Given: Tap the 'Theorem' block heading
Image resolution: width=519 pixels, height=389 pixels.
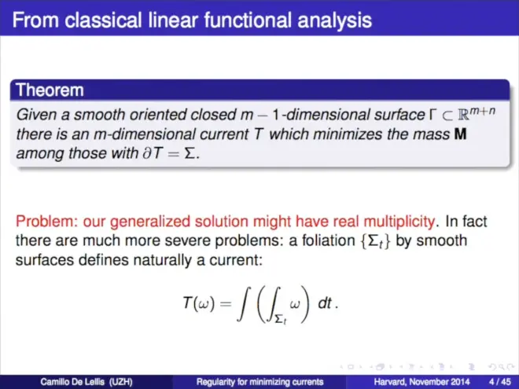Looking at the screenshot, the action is [50, 90].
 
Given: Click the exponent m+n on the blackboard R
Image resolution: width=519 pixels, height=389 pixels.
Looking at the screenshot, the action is [483, 111].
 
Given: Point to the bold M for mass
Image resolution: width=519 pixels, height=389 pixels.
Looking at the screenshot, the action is [460, 134].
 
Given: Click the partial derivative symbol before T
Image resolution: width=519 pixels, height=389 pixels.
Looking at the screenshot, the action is [146, 153].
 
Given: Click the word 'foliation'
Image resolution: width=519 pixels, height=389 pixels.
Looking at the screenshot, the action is [329, 240].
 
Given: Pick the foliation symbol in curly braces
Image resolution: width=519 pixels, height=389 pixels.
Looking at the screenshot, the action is [375, 241].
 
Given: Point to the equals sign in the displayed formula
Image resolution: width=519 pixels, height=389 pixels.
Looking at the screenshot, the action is [226, 303].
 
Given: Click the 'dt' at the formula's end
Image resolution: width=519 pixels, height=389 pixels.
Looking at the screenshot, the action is [325, 303].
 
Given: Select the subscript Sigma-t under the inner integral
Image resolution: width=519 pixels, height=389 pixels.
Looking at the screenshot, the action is [281, 320].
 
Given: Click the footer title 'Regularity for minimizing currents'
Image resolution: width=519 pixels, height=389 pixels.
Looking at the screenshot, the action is [259, 382].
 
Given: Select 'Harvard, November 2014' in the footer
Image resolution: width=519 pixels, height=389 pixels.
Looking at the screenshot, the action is [422, 382].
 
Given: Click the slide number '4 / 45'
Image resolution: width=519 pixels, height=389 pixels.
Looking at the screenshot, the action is [500, 382].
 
